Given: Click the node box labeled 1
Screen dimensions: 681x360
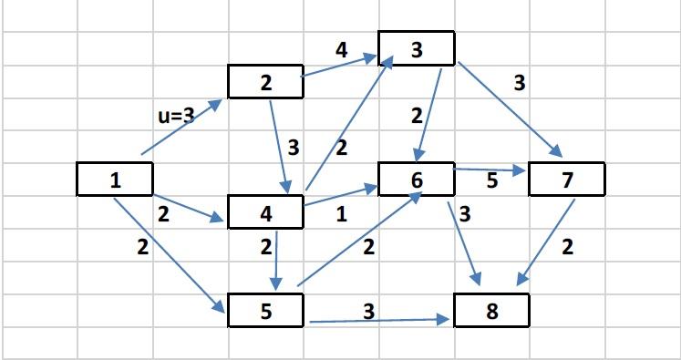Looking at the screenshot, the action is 114,179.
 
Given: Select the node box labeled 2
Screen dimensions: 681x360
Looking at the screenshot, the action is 265,82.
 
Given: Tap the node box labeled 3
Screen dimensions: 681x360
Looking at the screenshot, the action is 417,49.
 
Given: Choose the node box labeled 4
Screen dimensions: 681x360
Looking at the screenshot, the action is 265,213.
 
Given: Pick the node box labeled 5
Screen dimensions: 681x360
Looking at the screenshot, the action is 265,311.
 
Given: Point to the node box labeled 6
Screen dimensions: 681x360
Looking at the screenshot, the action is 417,180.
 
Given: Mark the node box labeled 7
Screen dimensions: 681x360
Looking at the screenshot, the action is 567,180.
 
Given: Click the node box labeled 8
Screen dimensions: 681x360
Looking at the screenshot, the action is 491,311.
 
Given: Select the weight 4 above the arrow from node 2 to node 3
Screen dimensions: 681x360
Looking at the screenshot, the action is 341,50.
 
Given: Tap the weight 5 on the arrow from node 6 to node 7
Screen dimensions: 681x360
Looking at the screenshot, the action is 492,180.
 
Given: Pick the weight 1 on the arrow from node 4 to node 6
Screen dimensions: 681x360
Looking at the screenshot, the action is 341,215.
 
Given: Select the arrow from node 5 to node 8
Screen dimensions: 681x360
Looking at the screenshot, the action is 378,321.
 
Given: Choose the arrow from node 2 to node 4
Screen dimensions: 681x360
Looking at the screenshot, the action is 280,146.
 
